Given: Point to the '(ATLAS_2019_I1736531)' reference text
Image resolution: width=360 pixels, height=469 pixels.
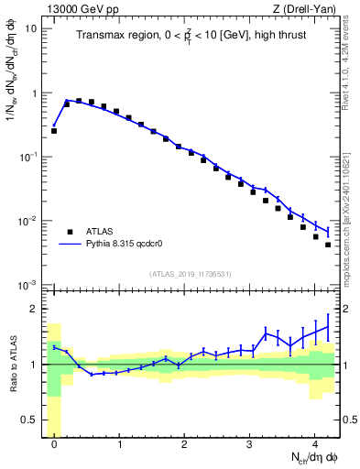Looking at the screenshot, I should (x=190, y=274).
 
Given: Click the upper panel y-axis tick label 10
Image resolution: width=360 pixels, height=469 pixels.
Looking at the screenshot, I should (x=29, y=28).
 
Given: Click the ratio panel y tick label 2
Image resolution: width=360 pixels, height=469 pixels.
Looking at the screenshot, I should (x=33, y=309).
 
